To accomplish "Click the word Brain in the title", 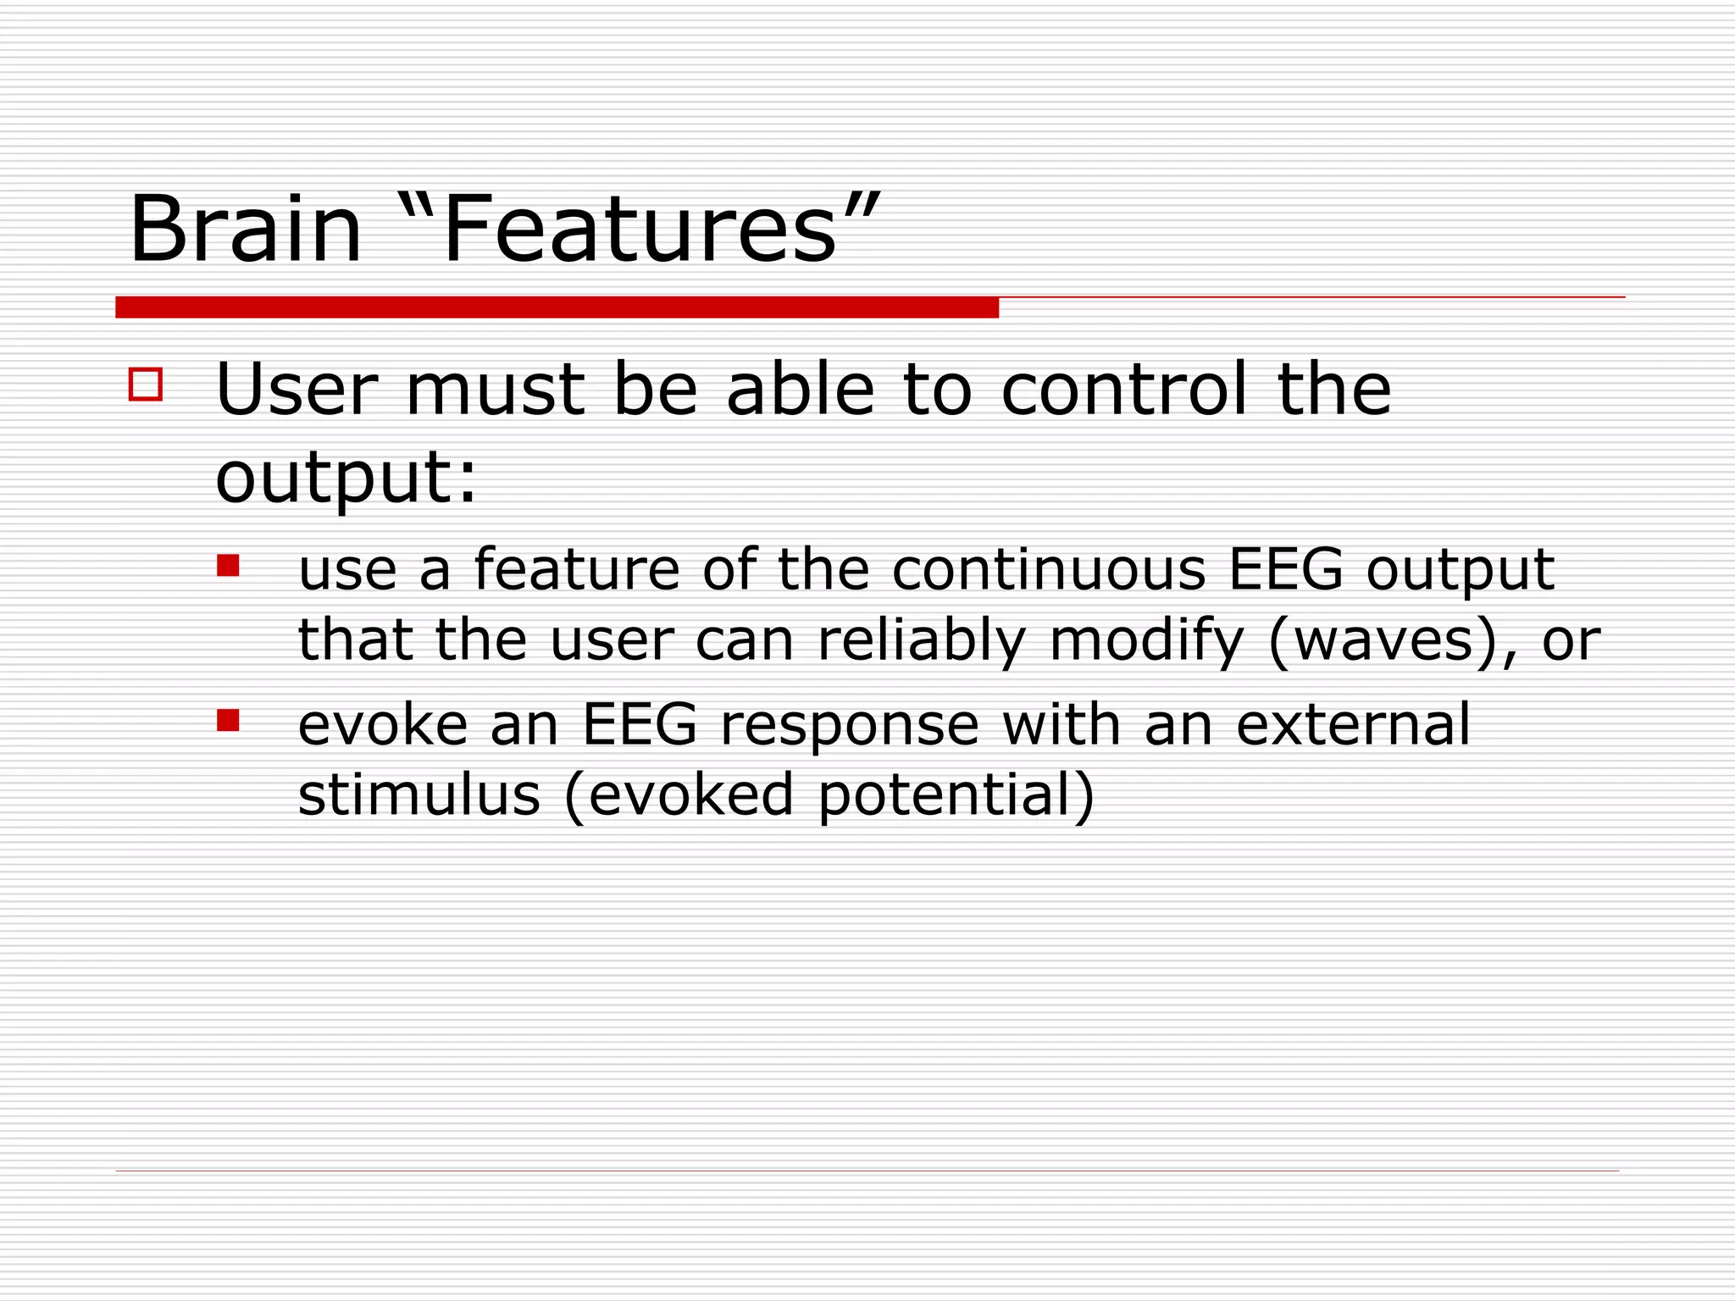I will (246, 230).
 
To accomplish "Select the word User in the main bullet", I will (297, 390).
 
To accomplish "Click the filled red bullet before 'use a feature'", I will (228, 565).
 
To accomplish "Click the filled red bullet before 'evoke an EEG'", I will (228, 720).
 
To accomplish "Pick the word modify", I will (1146, 641).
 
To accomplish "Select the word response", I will (849, 727).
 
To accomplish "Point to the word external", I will (1353, 725).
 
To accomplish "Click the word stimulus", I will (419, 795).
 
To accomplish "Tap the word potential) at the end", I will (956, 797).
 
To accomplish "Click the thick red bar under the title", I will (557, 307).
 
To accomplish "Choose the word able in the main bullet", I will (800, 390).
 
